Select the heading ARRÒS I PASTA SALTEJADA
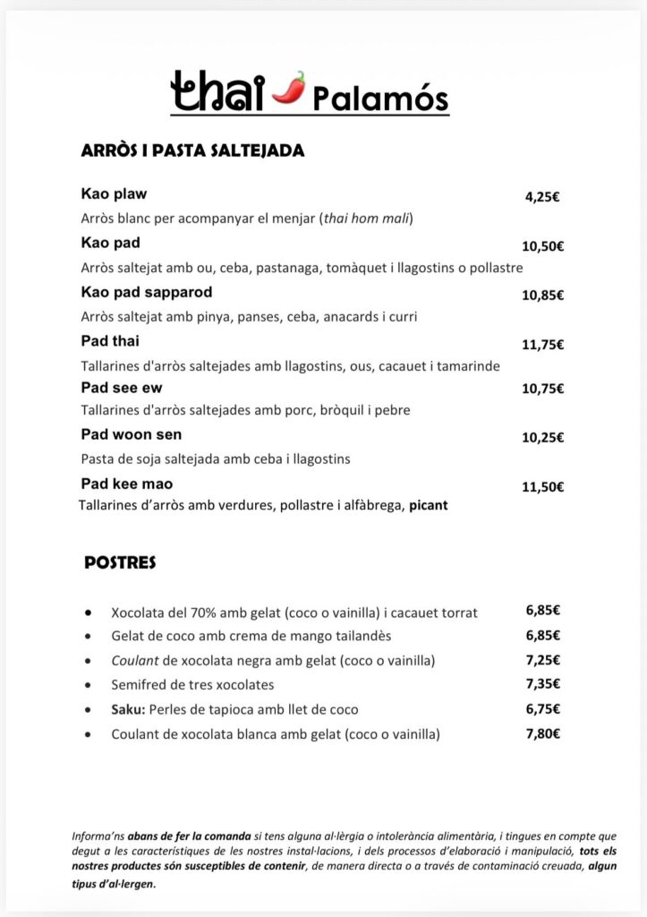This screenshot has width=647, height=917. pos(192,150)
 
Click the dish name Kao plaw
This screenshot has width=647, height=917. pos(114,193)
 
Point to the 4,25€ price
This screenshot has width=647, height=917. pos(542,198)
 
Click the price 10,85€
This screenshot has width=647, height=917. pos(543,296)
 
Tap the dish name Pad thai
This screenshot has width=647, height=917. pos(110,341)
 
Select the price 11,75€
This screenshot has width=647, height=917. pos(543,345)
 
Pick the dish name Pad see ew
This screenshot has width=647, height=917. pos(122,388)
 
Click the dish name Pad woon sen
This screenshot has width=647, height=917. pos(132,434)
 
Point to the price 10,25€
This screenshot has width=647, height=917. pos(543,438)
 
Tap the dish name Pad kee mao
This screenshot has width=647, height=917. pos(127,484)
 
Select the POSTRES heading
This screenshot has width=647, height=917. pos(120,563)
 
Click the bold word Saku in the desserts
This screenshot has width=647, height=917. pos(126,709)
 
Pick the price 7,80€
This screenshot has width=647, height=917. pos(543,733)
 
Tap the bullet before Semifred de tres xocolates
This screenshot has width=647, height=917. pos(88,685)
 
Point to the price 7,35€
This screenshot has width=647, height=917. pos(543,684)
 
